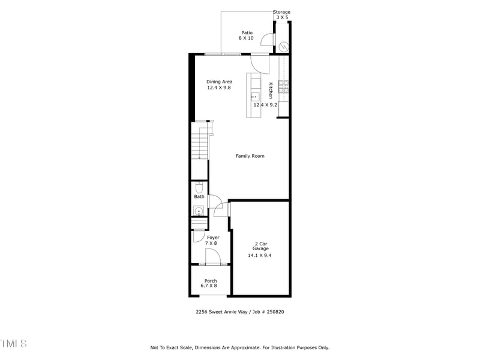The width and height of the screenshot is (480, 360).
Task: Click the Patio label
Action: (x=247, y=33)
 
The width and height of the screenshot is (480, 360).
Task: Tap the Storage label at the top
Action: (x=281, y=12)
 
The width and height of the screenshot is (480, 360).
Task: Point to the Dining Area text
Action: (x=219, y=82)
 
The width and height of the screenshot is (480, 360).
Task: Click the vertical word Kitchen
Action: (x=271, y=90)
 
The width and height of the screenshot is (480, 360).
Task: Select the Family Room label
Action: (x=250, y=156)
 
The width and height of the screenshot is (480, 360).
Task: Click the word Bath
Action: (x=199, y=197)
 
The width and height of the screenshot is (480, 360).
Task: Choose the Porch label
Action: (x=211, y=281)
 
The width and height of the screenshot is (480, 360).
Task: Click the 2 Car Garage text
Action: (x=260, y=246)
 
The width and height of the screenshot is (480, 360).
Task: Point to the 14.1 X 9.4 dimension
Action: (x=260, y=256)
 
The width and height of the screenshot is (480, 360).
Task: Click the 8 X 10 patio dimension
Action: (x=246, y=38)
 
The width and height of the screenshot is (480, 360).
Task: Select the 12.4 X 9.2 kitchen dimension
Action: (x=265, y=105)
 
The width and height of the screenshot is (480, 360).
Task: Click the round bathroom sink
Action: (x=199, y=210)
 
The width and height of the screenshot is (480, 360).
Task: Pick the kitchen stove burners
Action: (x=283, y=86)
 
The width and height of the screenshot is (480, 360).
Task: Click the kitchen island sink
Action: (x=254, y=97)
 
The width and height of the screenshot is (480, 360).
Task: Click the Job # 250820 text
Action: (x=271, y=311)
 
